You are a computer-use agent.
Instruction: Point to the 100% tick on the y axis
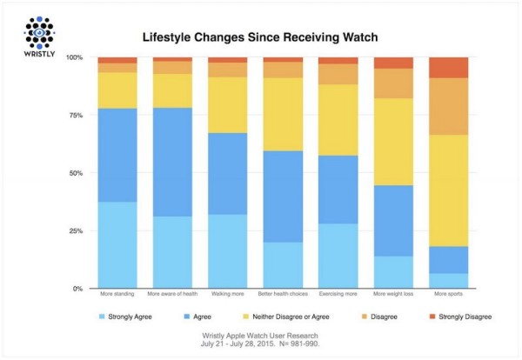77,57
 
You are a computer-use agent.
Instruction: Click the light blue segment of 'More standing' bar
117,244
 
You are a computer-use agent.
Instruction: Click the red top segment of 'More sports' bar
449,68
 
